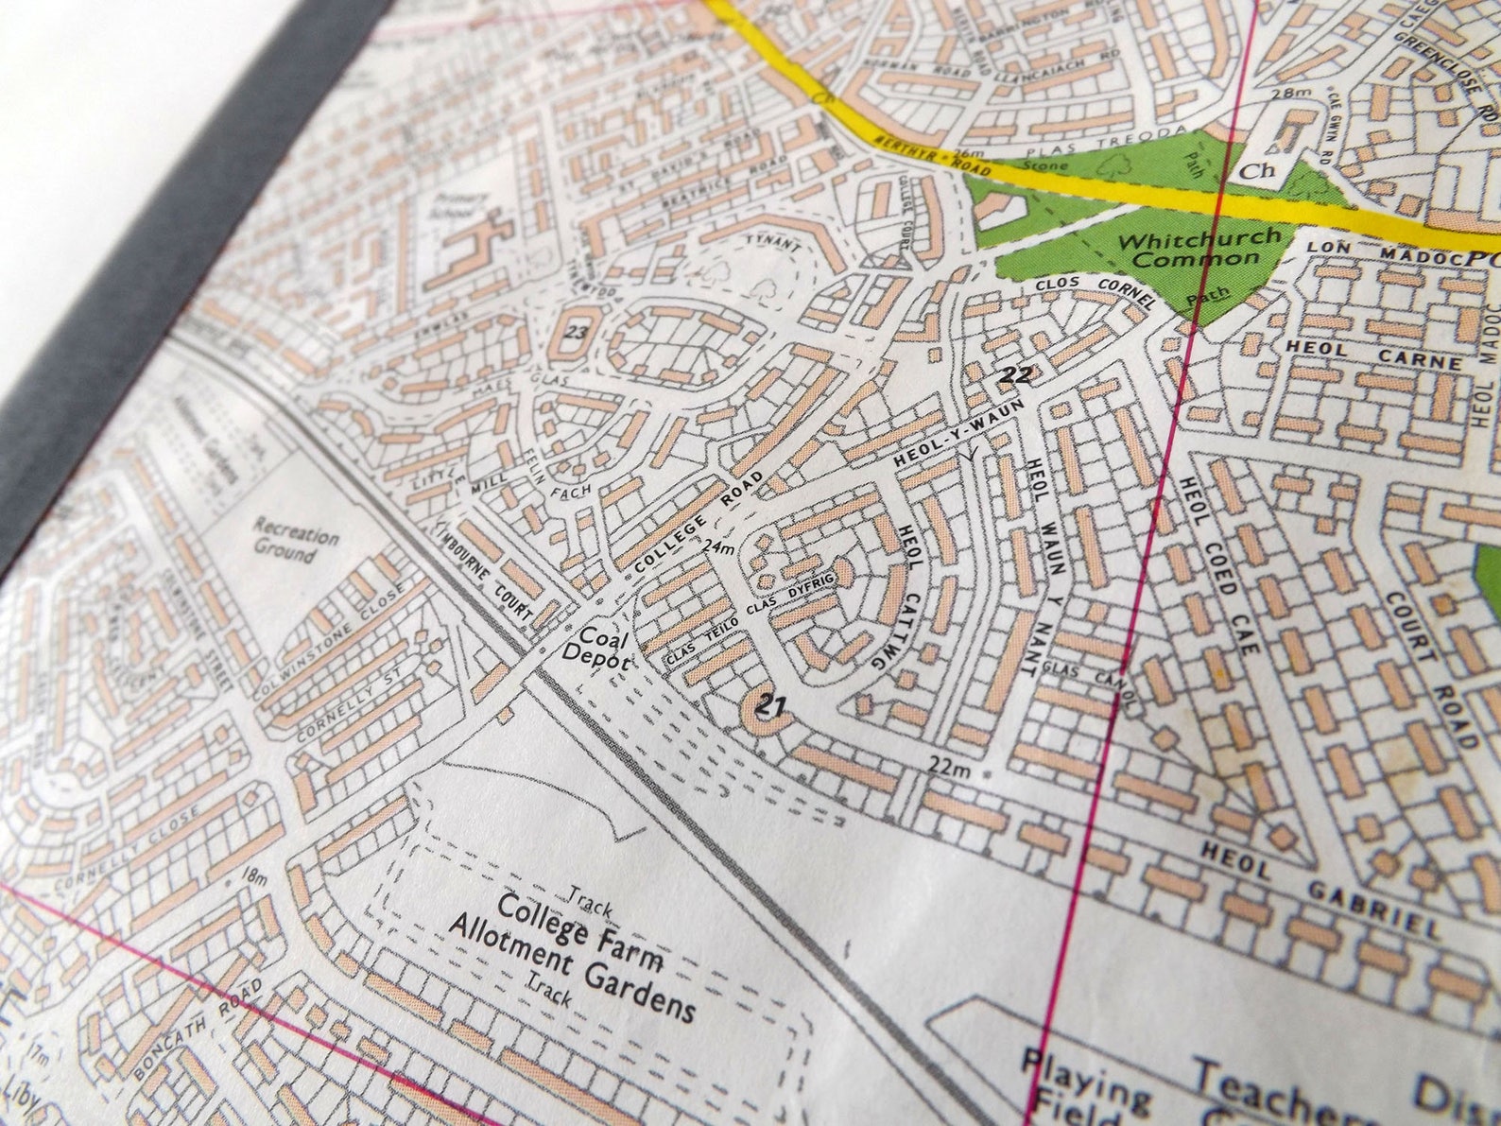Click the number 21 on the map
pos(772,704)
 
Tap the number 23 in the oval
pos(576,333)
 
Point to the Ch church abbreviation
pos(1256,171)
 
